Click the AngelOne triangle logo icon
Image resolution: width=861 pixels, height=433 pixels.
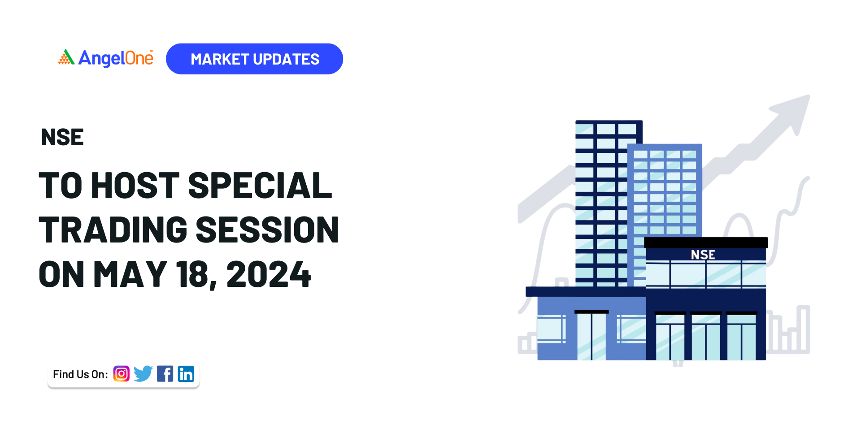[x=66, y=57]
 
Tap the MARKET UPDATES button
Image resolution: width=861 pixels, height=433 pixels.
[x=254, y=59]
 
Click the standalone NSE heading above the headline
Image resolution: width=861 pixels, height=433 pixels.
[x=62, y=137]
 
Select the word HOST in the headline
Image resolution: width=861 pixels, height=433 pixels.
[x=135, y=185]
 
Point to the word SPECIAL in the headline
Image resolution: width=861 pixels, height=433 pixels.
[x=260, y=185]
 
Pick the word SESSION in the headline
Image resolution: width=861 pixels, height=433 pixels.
[x=267, y=229]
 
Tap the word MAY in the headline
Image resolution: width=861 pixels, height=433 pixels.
[x=130, y=274]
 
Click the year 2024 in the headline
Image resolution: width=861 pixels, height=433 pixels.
[x=269, y=274]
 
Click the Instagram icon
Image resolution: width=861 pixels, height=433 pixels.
[x=122, y=374]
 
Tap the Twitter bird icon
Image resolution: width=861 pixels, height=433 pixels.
[x=143, y=374]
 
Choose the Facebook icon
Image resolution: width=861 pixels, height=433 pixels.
[x=165, y=374]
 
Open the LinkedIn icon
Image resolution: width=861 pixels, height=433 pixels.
[x=186, y=374]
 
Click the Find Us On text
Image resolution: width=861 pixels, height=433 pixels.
[x=80, y=374]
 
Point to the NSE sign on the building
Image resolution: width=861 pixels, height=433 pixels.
[x=703, y=255]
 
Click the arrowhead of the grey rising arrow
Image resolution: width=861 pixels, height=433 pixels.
[x=793, y=112]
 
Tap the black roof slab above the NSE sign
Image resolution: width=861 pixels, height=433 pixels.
[x=706, y=242]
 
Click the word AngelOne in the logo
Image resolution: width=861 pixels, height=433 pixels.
[x=116, y=58]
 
